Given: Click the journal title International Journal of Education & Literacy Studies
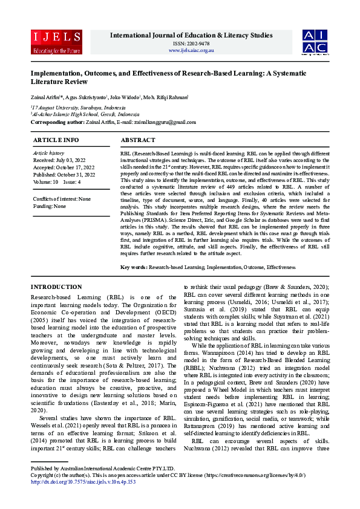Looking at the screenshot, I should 192,35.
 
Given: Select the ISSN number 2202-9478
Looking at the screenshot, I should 192,43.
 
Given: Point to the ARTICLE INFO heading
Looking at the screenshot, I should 55,140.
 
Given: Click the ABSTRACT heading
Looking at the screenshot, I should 138,140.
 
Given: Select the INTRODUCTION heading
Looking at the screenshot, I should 56,287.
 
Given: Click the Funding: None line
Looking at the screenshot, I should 50,206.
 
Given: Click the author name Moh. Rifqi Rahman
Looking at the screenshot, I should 165,96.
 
